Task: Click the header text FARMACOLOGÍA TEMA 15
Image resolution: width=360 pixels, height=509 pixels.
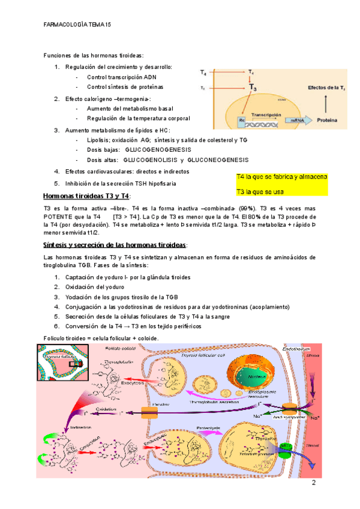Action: click(x=78, y=25)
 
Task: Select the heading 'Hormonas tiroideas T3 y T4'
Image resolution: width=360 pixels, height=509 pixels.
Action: click(x=87, y=196)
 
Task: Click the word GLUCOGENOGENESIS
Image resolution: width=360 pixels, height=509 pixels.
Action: click(x=158, y=149)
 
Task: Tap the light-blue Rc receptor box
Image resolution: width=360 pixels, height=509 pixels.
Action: click(x=242, y=120)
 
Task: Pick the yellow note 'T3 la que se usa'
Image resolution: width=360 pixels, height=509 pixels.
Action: click(x=262, y=191)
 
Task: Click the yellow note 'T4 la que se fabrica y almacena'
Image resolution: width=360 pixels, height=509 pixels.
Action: click(x=281, y=178)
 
